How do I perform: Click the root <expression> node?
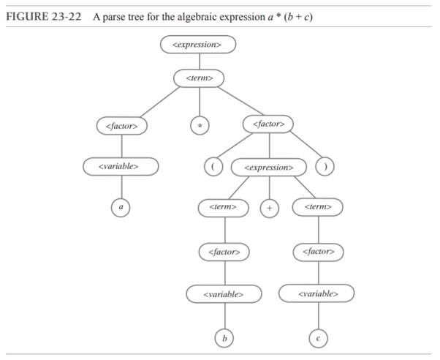[198, 44]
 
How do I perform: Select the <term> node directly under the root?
[199, 77]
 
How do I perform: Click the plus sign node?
[270, 208]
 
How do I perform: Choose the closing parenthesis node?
[324, 166]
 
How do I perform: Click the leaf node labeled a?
[121, 208]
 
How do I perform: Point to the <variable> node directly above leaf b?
[224, 294]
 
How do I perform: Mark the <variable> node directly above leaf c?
[318, 294]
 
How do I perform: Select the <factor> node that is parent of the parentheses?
[268, 124]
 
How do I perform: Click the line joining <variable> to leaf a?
[121, 187]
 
